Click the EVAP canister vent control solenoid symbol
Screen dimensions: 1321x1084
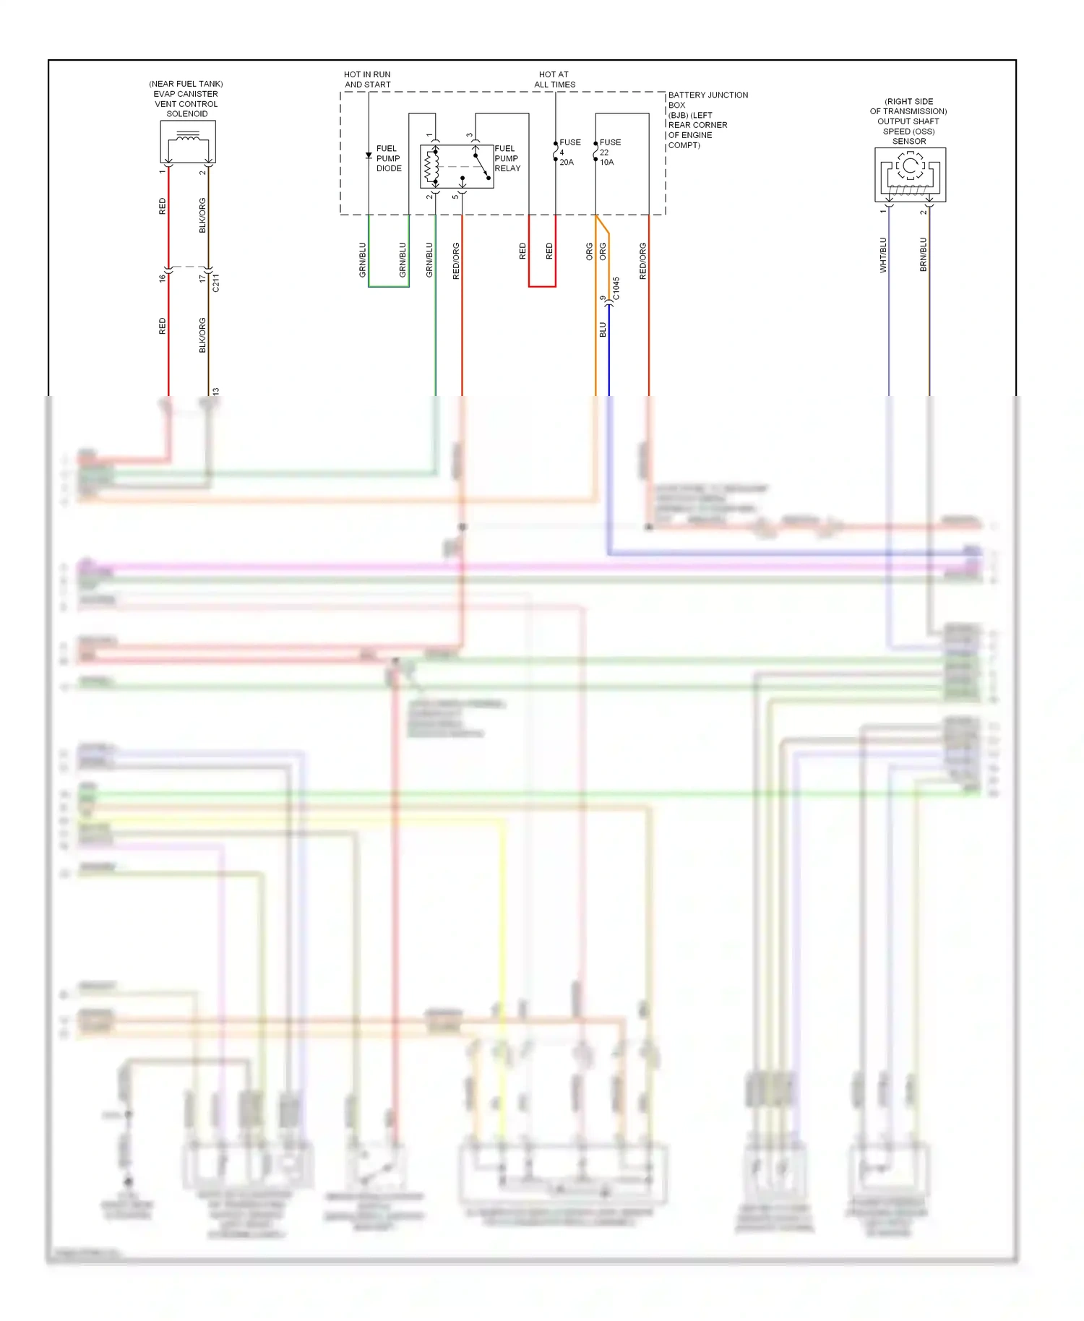[188, 142]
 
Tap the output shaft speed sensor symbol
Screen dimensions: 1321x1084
[910, 174]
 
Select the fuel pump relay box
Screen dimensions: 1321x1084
[457, 166]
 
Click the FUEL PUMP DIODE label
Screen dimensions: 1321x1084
[388, 158]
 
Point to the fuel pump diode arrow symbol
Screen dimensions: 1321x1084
[369, 155]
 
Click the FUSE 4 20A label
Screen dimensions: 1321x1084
[569, 152]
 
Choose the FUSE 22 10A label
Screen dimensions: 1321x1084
[609, 152]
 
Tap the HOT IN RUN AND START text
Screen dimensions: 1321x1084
[367, 79]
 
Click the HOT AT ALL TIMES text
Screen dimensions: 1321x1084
[554, 79]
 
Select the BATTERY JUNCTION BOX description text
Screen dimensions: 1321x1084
[707, 120]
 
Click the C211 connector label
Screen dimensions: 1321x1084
[215, 283]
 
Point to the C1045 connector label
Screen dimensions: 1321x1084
[616, 288]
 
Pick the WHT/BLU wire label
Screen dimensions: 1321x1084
[883, 255]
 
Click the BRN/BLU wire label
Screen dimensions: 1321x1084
[923, 255]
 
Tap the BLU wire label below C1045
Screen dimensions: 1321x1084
[603, 330]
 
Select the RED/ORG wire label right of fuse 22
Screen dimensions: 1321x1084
[642, 261]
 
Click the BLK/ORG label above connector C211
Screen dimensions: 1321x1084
[202, 215]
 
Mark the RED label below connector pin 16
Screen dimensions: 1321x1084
[162, 326]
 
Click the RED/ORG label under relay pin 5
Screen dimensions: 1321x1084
[456, 261]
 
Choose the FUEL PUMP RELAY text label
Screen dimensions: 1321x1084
[507, 158]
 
